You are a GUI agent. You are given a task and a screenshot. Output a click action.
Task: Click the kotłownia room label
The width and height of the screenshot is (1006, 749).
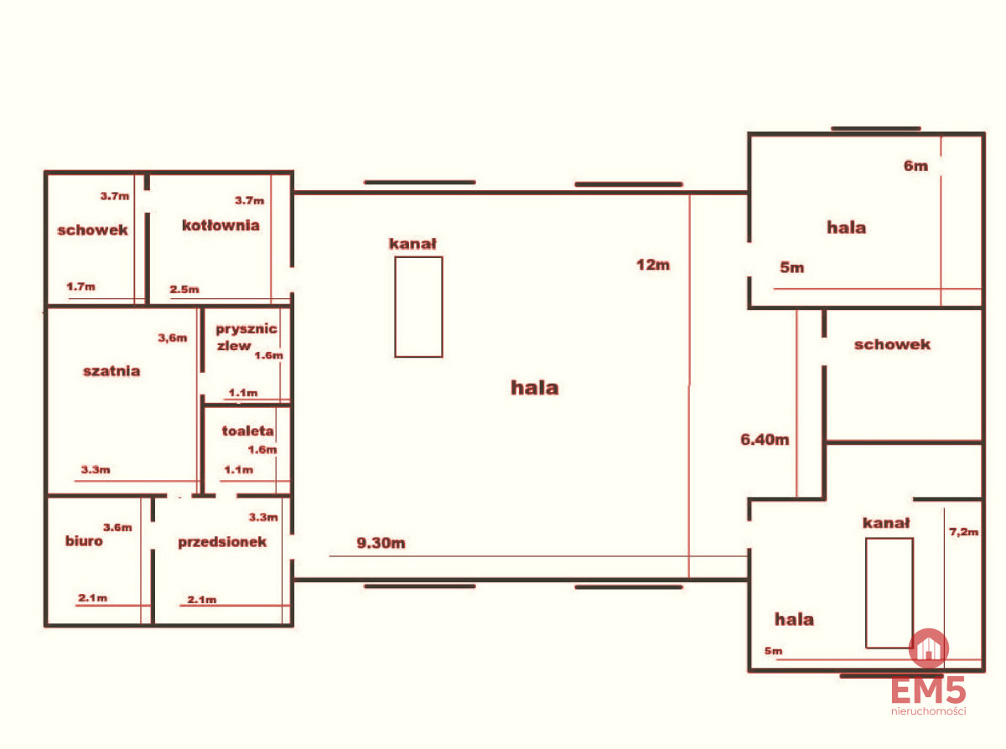coord(220,225)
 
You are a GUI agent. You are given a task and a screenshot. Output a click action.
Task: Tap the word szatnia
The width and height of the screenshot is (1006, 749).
coord(111,371)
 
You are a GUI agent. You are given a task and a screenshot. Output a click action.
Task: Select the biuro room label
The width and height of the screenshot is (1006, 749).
coord(84,541)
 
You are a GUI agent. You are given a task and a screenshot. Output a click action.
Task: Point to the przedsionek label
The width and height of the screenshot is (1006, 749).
coord(222,542)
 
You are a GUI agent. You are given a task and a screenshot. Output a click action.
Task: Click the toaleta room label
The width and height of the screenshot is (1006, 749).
coord(247,431)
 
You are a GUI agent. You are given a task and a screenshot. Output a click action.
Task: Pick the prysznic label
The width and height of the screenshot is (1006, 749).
coord(246,329)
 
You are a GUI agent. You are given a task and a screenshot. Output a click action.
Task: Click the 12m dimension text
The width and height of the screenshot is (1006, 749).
coord(653,265)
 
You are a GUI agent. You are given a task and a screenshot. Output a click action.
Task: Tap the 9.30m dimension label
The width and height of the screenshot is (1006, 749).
coord(381,543)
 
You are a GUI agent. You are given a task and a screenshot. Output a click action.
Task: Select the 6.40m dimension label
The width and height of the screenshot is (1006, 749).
coord(765,439)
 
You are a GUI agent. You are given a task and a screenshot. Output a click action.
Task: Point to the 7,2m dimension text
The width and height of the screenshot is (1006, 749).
coord(963,532)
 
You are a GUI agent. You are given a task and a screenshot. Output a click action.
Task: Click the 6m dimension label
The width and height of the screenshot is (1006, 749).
coord(915,166)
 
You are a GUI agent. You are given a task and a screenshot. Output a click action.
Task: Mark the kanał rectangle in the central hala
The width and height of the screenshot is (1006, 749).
coord(418,307)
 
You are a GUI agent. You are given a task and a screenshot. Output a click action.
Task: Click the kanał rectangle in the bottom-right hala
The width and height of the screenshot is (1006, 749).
coord(889,593)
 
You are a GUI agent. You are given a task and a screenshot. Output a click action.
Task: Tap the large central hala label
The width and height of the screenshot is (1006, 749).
coord(535,388)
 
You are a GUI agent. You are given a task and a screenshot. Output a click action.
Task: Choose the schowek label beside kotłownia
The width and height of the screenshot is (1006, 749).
coord(92,230)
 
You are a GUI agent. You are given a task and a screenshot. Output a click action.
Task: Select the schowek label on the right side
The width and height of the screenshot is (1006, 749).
coord(892,344)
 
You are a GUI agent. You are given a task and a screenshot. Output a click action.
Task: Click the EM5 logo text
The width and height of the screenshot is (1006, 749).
coord(928,690)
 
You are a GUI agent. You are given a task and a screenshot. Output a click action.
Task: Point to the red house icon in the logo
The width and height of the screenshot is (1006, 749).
coord(929,648)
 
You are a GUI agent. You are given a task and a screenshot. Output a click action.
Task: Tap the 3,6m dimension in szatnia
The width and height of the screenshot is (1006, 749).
coord(173,338)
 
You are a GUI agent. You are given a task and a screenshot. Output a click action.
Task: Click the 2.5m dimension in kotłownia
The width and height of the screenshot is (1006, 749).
coord(184,289)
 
